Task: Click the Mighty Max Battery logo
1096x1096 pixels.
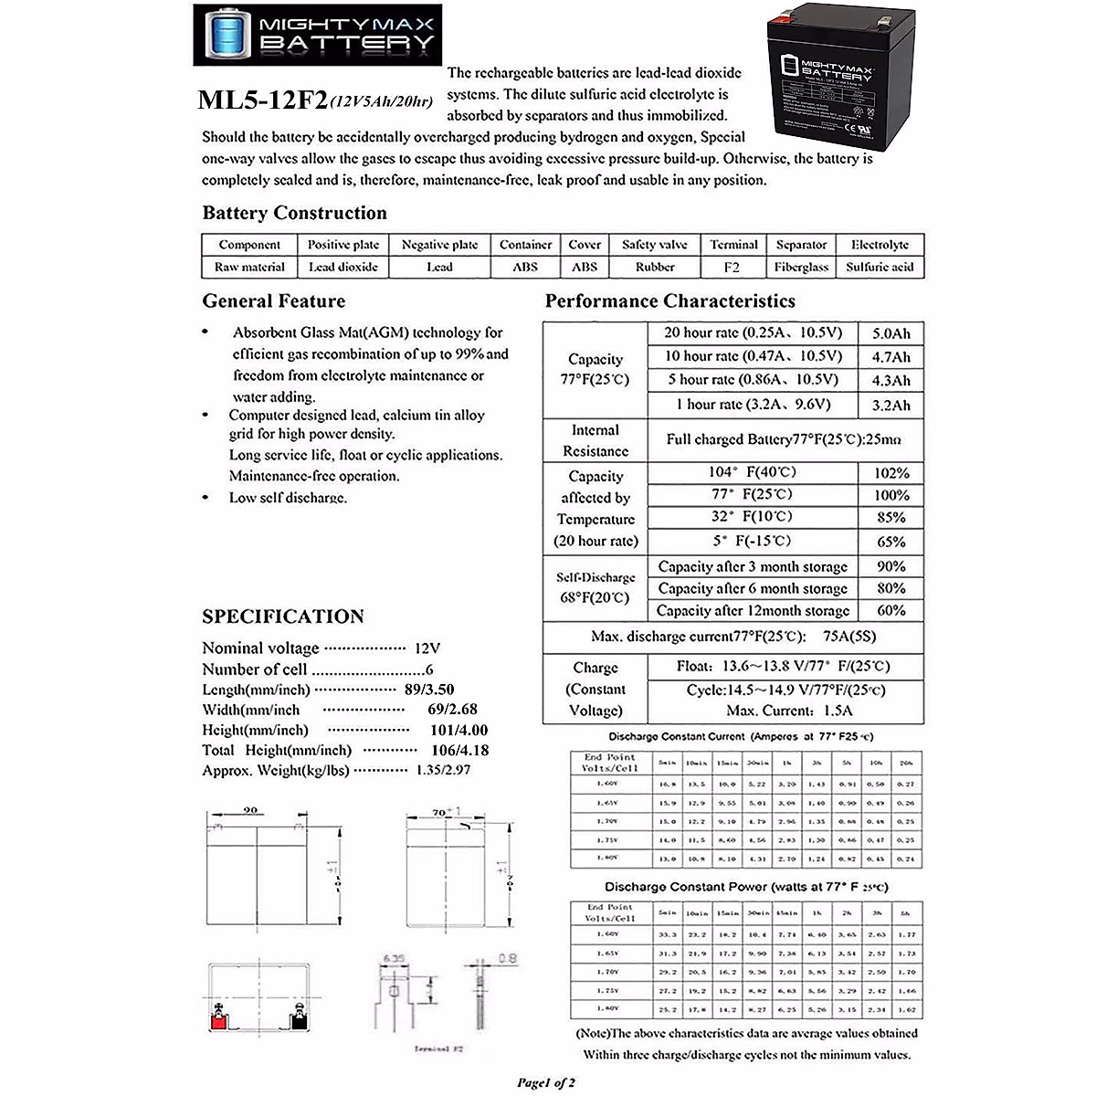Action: click(315, 34)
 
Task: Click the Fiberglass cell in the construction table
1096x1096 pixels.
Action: click(801, 268)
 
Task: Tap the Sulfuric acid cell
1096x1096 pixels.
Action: click(880, 268)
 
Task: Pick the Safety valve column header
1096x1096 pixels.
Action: click(654, 245)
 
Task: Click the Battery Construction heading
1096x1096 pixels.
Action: click(294, 213)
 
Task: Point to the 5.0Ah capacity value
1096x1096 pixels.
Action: click(890, 333)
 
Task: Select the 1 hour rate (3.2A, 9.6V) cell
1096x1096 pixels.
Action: click(753, 404)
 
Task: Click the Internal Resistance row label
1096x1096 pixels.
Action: click(595, 440)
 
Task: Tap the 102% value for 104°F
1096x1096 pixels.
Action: click(890, 473)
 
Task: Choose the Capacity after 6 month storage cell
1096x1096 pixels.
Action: click(753, 589)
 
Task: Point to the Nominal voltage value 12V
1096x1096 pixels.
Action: click(427, 648)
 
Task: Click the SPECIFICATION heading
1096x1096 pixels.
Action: click(283, 616)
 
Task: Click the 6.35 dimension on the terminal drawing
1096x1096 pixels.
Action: click(393, 958)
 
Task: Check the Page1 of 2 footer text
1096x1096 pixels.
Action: click(546, 1082)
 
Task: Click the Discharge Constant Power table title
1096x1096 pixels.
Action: click(745, 887)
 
